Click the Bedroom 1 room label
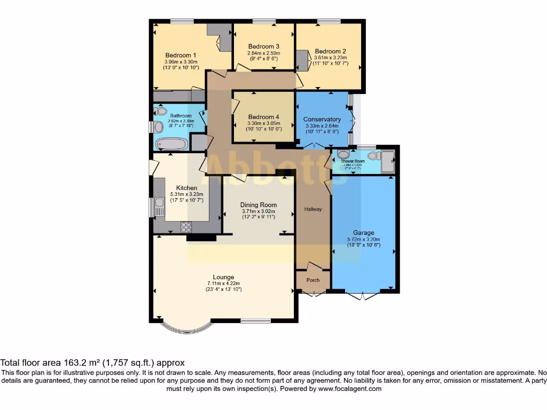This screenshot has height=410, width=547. [181, 56]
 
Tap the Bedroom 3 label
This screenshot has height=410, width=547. [263, 46]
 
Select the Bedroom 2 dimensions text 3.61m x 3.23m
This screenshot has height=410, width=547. [330, 58]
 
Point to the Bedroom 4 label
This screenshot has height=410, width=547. [263, 117]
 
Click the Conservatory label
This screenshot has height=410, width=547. [322, 119]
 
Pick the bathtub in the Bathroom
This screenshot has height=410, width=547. [171, 144]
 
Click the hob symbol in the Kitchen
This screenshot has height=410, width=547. [187, 226]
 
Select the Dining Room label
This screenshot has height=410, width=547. [259, 205]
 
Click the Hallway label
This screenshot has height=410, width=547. [313, 209]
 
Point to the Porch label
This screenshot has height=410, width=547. [313, 280]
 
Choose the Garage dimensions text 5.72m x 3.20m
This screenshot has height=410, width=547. [363, 240]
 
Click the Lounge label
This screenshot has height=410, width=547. [223, 277]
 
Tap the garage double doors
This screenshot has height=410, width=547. [363, 295]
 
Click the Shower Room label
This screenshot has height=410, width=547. [353, 161]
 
